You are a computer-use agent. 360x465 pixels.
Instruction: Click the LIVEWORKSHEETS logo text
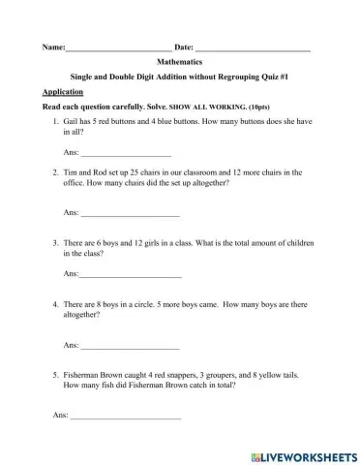(x=306, y=454)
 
